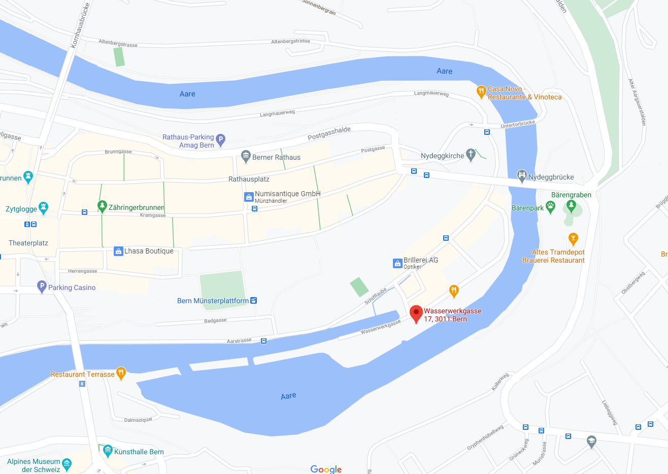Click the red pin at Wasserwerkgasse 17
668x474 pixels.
point(416,313)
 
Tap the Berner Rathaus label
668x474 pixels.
point(276,157)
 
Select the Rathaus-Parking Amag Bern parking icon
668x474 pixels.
point(220,139)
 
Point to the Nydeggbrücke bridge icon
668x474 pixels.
point(522,176)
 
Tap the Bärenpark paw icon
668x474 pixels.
point(550,207)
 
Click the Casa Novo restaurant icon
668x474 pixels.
point(481,91)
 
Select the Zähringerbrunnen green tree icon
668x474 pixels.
point(102,205)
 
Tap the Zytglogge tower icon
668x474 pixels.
point(44,207)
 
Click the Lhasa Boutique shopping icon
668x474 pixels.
point(118,251)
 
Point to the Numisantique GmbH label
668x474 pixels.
point(287,194)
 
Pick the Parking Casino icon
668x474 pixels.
point(42,286)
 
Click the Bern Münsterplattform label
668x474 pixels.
point(213,301)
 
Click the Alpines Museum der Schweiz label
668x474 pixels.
point(34,465)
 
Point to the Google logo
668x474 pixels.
point(326,469)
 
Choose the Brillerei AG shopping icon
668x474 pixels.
point(397,263)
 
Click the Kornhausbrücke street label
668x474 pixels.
point(80,25)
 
